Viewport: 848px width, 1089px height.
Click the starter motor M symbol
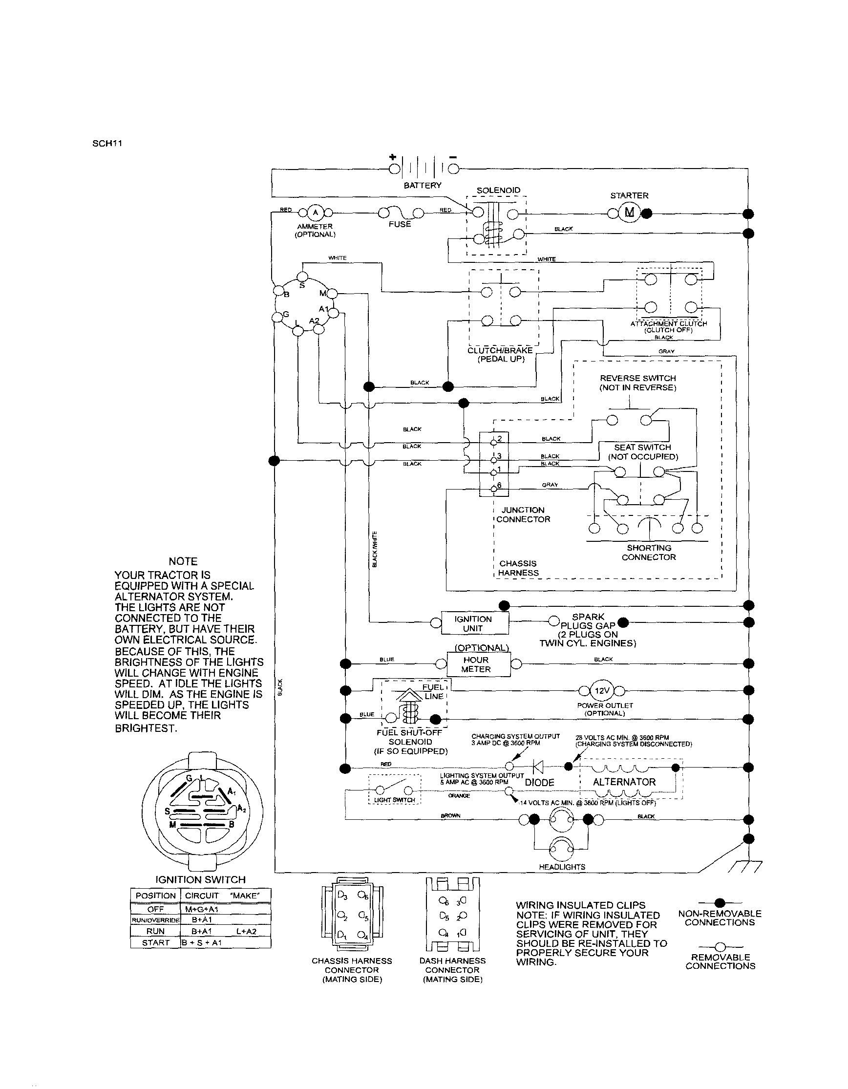point(629,213)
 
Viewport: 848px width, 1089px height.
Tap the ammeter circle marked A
point(315,213)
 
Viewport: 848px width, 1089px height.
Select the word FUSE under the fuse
point(400,224)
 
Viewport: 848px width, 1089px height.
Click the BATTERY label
point(422,186)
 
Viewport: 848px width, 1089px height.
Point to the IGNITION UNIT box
point(473,623)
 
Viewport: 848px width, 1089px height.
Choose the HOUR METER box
point(476,664)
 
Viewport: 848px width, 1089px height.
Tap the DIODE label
point(539,782)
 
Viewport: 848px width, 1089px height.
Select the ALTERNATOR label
point(624,782)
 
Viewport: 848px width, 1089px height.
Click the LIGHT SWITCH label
point(394,800)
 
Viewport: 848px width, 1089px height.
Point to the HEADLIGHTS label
point(562,867)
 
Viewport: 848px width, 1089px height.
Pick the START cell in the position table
point(155,942)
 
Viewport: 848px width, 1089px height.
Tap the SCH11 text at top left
point(107,144)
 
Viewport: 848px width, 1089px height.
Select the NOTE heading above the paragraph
point(183,561)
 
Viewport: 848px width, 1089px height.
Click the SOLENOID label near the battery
point(498,191)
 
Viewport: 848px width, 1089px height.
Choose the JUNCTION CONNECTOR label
point(523,514)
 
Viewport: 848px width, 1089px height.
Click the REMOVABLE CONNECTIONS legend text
point(721,961)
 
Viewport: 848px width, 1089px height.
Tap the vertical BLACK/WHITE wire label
point(375,549)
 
